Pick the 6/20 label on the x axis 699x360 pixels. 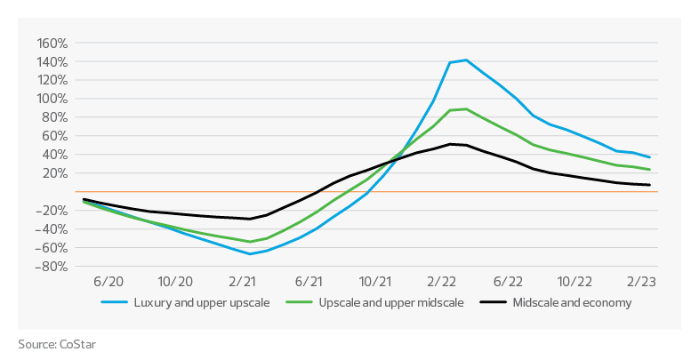pos(108,281)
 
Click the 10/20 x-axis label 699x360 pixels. pos(174,281)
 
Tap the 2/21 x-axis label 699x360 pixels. pos(241,281)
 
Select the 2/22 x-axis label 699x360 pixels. pos(442,281)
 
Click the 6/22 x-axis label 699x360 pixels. pos(509,281)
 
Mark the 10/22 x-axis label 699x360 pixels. pos(575,281)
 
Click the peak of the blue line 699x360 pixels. pos(464,60)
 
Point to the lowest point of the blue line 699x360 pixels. pos(250,253)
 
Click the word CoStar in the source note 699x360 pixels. pos(77,343)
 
